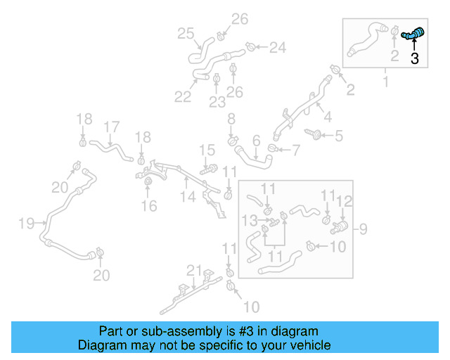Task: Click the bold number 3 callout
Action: pyautogui.click(x=415, y=59)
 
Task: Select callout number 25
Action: pyautogui.click(x=186, y=33)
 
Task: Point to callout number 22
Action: pyautogui.click(x=183, y=96)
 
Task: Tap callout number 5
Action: pyautogui.click(x=339, y=135)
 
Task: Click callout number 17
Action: pyautogui.click(x=111, y=127)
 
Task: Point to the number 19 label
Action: pyautogui.click(x=27, y=224)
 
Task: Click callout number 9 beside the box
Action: pyautogui.click(x=363, y=228)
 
